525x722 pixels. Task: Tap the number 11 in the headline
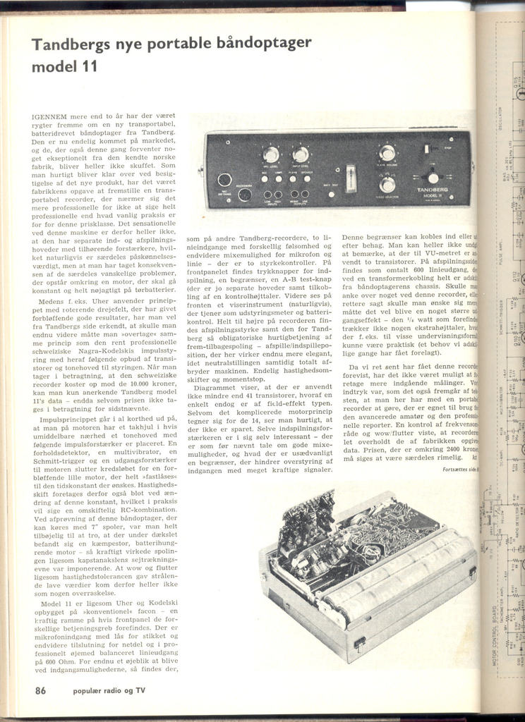[87, 67]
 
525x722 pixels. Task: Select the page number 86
[41, 691]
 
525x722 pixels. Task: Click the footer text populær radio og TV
[109, 692]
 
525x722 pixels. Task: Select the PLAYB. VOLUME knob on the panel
[387, 152]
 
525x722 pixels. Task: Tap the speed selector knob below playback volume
[387, 185]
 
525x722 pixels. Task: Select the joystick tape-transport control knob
[433, 178]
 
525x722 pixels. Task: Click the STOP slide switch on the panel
[426, 149]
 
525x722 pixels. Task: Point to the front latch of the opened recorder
[359, 643]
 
